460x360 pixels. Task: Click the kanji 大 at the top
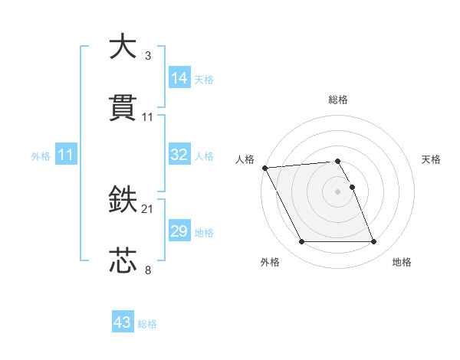point(123,47)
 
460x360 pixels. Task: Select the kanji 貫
point(123,108)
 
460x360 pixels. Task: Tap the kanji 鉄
point(123,201)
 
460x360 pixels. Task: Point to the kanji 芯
point(123,260)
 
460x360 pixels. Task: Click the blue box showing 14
point(179,77)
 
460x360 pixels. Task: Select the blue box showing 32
point(179,155)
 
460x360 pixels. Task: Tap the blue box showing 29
point(179,231)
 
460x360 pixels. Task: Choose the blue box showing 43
point(123,322)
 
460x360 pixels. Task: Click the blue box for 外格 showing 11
point(66,155)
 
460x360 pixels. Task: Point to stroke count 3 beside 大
point(147,56)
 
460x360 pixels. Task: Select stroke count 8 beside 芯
point(147,270)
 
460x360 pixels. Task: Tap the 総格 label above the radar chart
point(338,100)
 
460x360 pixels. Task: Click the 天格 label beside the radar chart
point(432,159)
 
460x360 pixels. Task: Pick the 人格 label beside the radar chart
point(245,159)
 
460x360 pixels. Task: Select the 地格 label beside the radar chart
point(402,262)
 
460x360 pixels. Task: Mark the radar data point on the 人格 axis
point(264,168)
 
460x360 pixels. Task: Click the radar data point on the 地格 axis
point(373,242)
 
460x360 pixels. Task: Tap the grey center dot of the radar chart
point(338,191)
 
